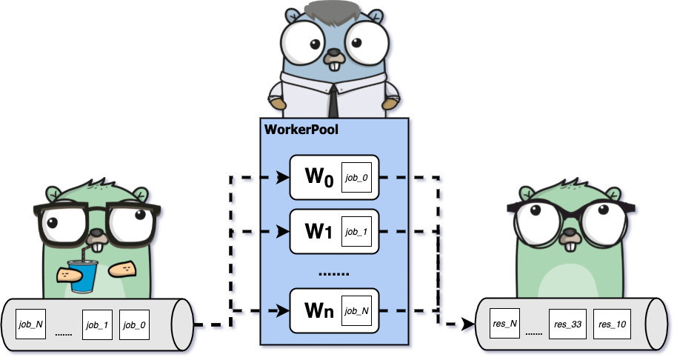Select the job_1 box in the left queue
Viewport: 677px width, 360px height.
(97, 324)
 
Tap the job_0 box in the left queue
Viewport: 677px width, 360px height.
(134, 324)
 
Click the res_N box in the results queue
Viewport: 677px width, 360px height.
(503, 324)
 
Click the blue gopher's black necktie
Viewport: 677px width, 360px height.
(334, 99)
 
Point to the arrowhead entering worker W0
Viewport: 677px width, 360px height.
(282, 178)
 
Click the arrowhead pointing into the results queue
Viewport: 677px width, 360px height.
(467, 324)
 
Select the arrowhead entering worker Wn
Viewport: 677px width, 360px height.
(282, 310)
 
